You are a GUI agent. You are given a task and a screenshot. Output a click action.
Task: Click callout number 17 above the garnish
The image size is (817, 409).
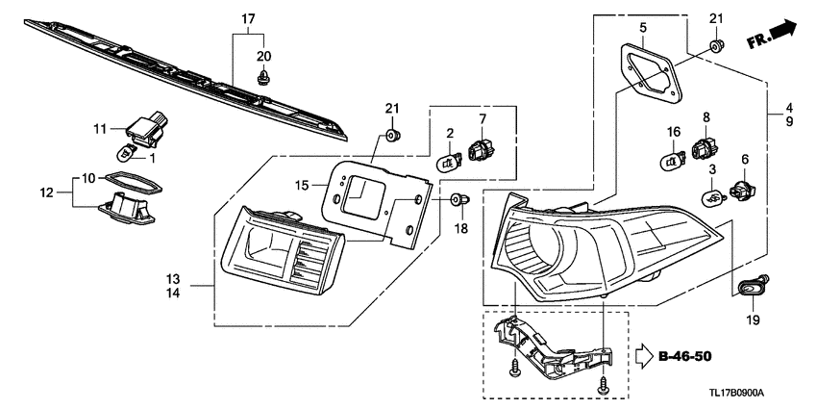(x=248, y=18)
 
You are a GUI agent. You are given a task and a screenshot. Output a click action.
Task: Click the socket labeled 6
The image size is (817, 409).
(x=742, y=190)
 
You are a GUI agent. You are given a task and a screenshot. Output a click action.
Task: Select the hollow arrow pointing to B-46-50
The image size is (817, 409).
(x=643, y=357)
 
